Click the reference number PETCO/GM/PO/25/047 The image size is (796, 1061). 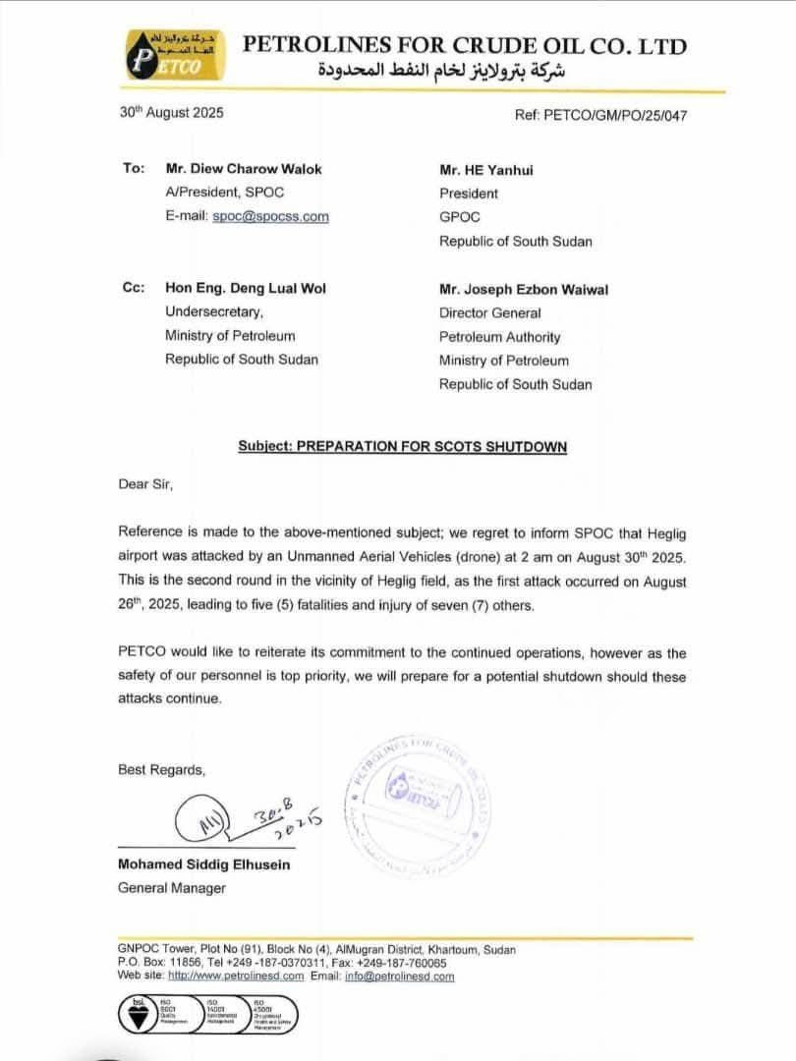tap(600, 115)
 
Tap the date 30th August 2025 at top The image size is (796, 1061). tap(171, 113)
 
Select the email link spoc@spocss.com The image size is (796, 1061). tap(270, 217)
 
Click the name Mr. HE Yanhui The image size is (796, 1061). tap(489, 169)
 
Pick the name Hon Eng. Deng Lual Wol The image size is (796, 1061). tap(245, 289)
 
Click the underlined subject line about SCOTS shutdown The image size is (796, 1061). tap(402, 446)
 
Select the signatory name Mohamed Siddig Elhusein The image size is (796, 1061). tap(203, 865)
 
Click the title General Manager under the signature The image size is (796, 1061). tap(171, 888)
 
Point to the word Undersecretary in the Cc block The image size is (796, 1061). tap(214, 312)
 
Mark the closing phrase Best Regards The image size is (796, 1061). tap(162, 769)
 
